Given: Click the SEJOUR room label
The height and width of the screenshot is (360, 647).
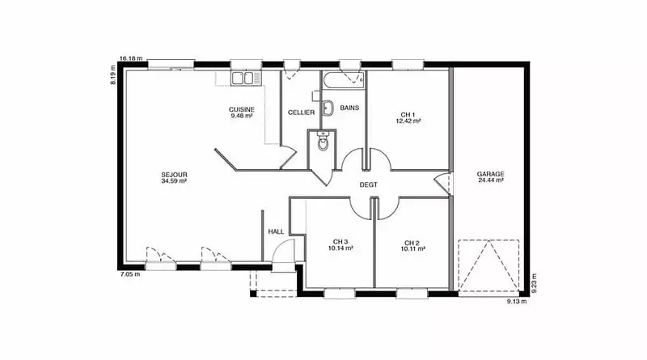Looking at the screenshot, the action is tap(174, 175).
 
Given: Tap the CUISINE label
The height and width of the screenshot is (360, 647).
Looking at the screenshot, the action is tap(242, 109).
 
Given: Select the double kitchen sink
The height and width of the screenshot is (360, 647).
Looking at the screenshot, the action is tap(246, 78).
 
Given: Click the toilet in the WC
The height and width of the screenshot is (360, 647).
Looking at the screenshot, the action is tap(323, 141).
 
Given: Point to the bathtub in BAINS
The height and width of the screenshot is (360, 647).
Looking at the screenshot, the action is tap(343, 80).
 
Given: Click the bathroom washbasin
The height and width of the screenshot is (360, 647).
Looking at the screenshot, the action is tap(328, 108).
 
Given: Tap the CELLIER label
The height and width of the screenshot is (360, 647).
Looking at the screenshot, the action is tap(301, 112).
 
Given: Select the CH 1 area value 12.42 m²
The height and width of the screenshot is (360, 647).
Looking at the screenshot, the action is tap(408, 121).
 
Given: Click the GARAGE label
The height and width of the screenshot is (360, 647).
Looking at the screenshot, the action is tap(491, 174).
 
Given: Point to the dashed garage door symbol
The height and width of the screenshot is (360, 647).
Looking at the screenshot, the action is tap(488, 266).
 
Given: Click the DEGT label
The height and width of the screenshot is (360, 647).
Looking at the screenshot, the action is tap(369, 185).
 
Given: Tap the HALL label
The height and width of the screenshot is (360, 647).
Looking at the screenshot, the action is tap(276, 231).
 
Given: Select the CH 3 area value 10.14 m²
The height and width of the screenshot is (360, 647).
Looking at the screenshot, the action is tap(340, 248).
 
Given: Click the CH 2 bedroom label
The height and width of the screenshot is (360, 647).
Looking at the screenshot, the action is tap(412, 243).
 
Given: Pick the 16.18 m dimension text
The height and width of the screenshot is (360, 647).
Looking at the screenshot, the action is tap(131, 58).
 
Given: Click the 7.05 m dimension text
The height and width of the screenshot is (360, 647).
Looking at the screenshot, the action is tap(129, 273).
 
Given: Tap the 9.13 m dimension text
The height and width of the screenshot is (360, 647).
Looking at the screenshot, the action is tap(517, 302).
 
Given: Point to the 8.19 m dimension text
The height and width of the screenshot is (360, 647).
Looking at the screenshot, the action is tap(113, 75).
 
